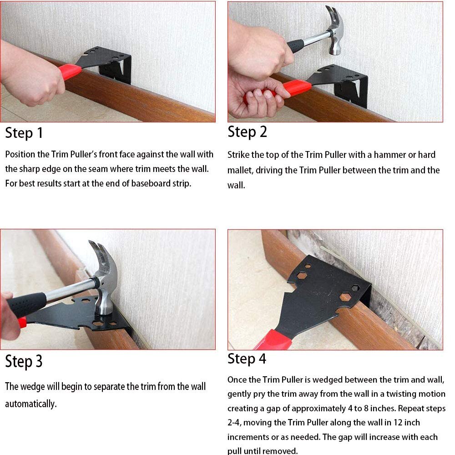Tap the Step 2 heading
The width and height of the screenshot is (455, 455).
click(247, 131)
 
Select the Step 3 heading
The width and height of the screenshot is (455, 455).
click(24, 361)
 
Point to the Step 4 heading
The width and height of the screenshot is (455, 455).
click(247, 359)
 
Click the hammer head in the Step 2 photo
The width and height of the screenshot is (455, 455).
click(336, 31)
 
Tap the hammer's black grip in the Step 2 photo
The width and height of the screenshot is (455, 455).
click(295, 45)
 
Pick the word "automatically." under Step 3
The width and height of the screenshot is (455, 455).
click(31, 404)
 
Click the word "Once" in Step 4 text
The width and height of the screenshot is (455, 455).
click(237, 379)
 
